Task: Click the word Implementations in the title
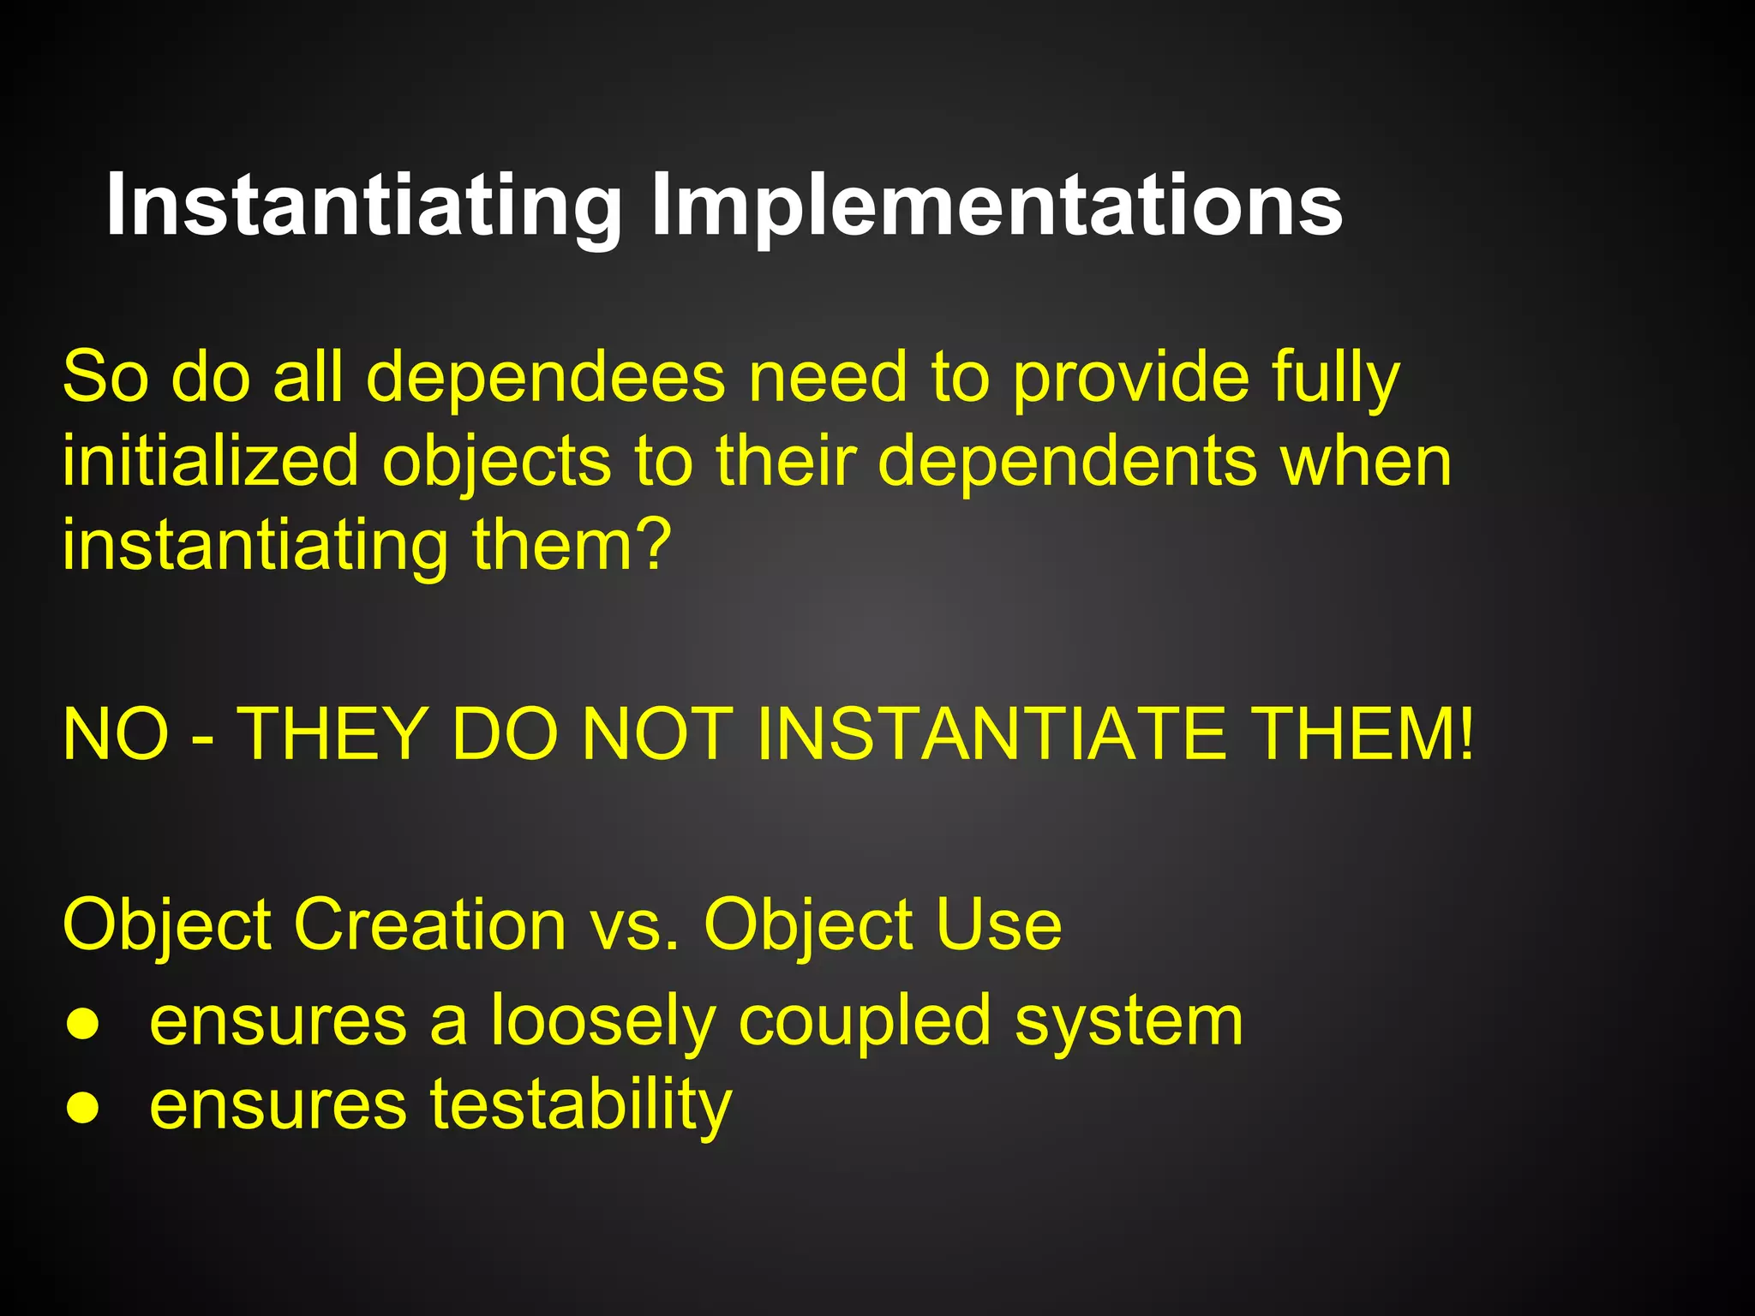click(x=997, y=206)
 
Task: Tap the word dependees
click(x=546, y=378)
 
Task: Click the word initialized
click(x=210, y=461)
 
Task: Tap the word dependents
click(x=1068, y=461)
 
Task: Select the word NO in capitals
click(x=116, y=735)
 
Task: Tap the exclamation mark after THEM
click(x=1466, y=735)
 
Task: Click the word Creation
click(x=429, y=924)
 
